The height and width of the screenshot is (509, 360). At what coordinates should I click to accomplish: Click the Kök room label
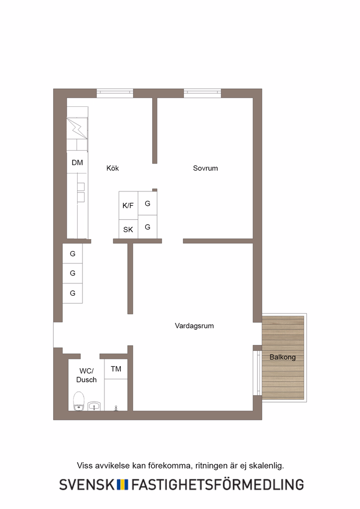coord(113,168)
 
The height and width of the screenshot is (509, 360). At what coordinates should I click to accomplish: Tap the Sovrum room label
coord(205,168)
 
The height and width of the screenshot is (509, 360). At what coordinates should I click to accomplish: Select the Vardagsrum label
coord(194,326)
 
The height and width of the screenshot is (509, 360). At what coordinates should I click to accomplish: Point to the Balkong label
coord(282,357)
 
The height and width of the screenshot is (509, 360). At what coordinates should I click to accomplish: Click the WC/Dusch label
coord(87,375)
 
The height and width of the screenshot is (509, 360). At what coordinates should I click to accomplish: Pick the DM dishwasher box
coord(77,163)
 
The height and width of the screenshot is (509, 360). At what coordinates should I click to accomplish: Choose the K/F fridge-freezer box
coord(128,205)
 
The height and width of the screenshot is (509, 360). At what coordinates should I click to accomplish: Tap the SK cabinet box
coord(128,229)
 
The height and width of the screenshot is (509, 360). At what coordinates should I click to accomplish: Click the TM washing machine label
coord(116,369)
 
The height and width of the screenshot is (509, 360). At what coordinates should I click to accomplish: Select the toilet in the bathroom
coord(79,401)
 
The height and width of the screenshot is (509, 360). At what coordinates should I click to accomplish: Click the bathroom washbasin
coord(94,406)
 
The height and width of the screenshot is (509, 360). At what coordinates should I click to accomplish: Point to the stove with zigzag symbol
coord(77,129)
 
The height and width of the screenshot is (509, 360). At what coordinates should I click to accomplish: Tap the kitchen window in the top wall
coord(115,93)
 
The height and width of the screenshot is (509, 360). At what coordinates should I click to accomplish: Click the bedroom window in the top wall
coord(202,93)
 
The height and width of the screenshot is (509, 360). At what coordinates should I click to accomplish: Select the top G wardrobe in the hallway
coord(73,254)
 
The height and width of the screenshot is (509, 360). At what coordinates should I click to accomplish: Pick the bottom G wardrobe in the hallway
coord(73,293)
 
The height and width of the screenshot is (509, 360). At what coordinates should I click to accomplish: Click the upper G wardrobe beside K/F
coord(147,203)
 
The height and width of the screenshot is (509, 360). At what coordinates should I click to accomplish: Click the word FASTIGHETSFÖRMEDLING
coord(217,484)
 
